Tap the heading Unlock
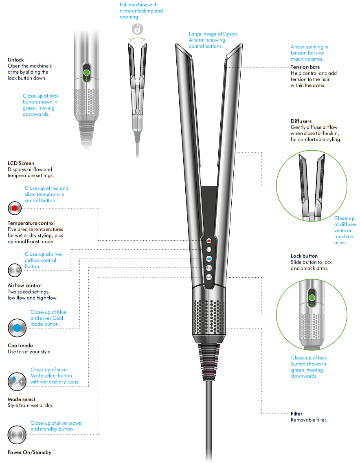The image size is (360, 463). [x=16, y=60]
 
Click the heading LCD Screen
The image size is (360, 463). [x=21, y=163]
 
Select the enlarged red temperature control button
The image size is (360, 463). [x=15, y=208]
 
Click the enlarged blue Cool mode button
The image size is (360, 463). [x=17, y=327]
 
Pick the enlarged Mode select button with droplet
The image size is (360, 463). [x=17, y=382]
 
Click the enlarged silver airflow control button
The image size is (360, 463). [x=15, y=270]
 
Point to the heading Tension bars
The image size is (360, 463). [x=305, y=67]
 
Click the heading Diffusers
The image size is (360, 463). [x=301, y=121]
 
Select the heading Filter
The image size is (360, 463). [x=296, y=414]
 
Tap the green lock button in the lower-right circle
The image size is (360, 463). [x=312, y=298]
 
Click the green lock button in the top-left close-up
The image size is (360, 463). [x=86, y=73]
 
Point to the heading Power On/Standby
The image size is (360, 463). [x=30, y=452]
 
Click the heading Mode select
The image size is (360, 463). [x=22, y=399]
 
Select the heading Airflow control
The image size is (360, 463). [x=25, y=285]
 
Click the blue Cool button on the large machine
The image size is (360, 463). [x=209, y=258]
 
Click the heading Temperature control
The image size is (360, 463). [x=31, y=223]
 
